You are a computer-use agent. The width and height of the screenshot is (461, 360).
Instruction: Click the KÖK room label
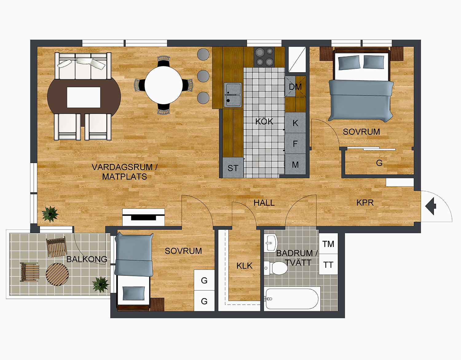tap(264, 122)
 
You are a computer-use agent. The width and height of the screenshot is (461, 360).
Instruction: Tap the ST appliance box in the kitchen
tap(233, 168)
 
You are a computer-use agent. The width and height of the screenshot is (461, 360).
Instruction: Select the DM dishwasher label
tap(295, 87)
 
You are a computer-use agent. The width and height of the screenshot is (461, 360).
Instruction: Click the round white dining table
tap(164, 85)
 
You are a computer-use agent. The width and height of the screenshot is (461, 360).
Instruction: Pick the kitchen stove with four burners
tap(265, 57)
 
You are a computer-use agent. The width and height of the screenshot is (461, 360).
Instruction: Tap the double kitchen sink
tap(233, 95)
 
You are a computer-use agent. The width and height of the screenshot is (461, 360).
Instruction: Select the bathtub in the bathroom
tap(292, 299)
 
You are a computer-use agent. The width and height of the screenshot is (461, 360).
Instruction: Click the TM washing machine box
tap(328, 244)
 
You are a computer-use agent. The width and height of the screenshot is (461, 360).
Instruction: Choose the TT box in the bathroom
tap(328, 265)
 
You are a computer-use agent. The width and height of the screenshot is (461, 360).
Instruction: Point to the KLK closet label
tap(244, 266)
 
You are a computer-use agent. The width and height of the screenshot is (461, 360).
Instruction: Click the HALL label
tap(264, 203)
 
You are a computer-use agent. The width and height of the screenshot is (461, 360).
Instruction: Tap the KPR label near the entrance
tap(365, 203)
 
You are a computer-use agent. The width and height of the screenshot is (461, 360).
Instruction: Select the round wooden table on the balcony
tap(57, 274)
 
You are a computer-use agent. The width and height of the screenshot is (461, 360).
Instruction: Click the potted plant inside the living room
tap(50, 214)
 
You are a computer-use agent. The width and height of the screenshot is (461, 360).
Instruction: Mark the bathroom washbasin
tap(271, 243)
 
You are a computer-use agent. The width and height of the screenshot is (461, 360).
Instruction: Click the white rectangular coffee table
tap(84, 97)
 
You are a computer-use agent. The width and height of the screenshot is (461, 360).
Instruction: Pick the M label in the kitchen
tap(295, 165)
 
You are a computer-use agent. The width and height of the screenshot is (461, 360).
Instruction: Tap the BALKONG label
tap(87, 259)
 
